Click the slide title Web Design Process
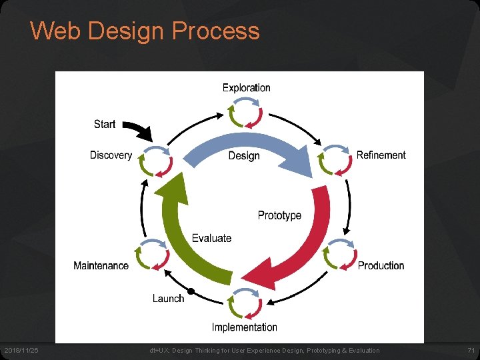coord(145,31)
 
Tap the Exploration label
coord(246,87)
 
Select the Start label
coord(105,124)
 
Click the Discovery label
coord(111,155)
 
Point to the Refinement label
coord(381,155)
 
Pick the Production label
coord(381,265)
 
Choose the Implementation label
coord(244,327)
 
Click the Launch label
coord(168,298)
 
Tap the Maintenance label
coord(101,265)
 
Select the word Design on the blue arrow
coord(244,156)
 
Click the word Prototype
coord(279,215)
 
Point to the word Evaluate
coord(211,238)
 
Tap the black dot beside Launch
coord(191,291)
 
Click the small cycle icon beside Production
coord(338,254)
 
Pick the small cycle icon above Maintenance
coord(151,253)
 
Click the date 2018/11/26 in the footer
coord(22,351)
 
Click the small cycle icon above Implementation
coord(245,304)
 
